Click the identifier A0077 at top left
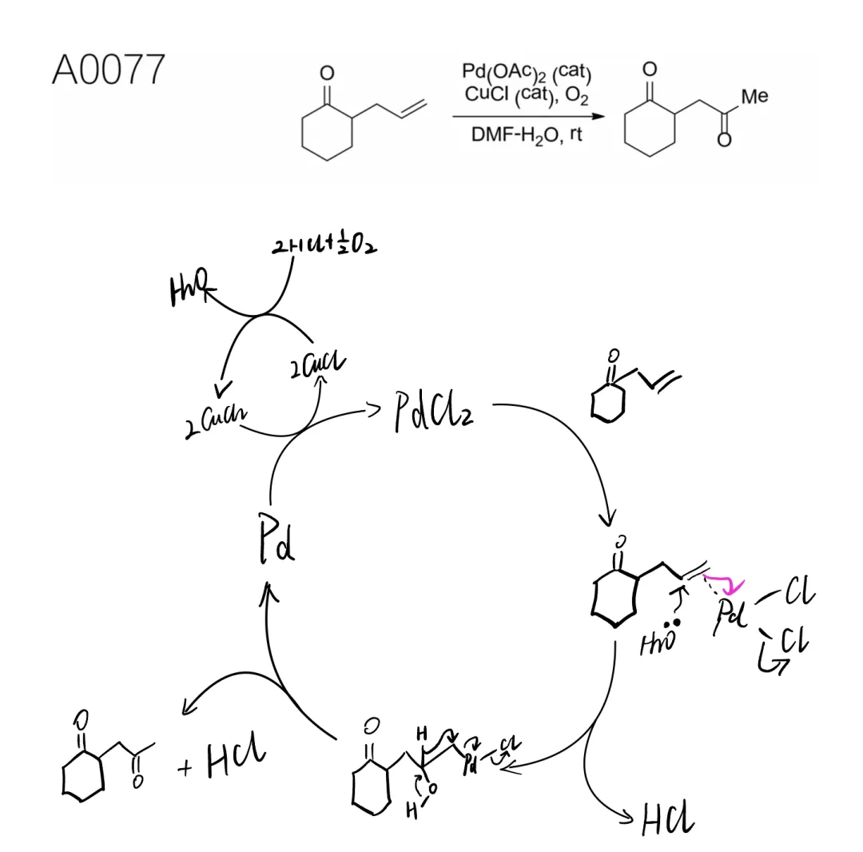108,70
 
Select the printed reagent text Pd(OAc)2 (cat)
527,74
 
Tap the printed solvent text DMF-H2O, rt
527,134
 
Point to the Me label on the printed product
754,97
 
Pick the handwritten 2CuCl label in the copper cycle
320,367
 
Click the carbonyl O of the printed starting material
326,74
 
